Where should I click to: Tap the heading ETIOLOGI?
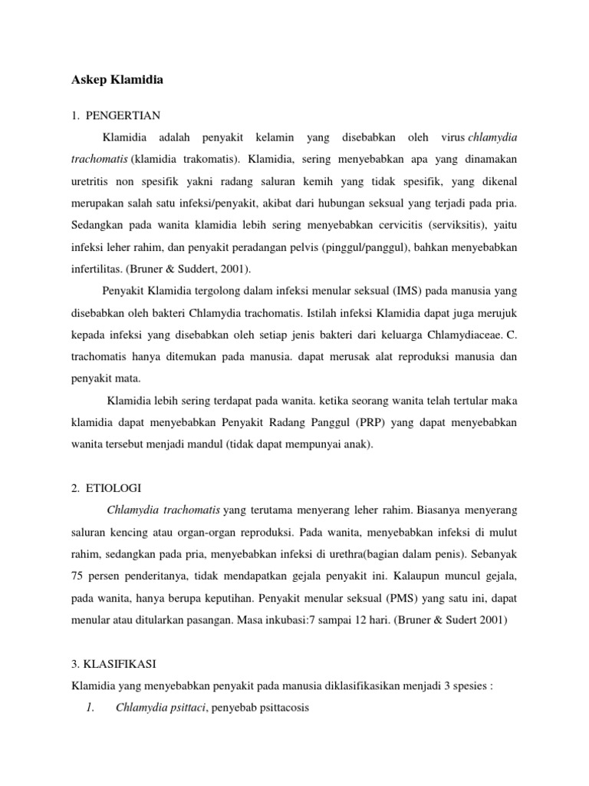110,487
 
